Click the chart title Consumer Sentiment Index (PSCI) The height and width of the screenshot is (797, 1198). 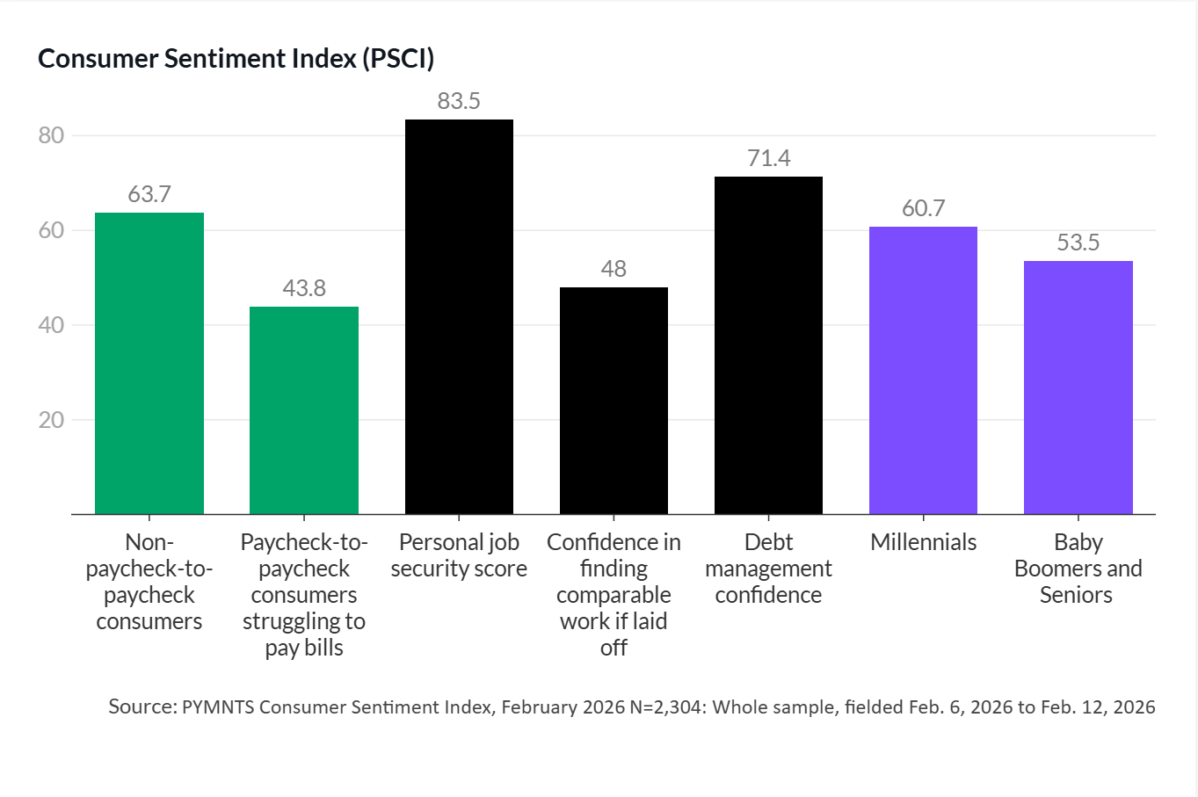click(236, 59)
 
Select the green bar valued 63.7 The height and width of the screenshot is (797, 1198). click(149, 363)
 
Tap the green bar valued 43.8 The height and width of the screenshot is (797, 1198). click(304, 410)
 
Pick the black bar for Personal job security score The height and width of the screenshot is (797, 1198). click(459, 316)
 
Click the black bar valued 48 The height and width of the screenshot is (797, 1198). click(614, 401)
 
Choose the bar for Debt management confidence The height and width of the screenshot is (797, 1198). click(768, 345)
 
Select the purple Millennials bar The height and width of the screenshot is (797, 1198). click(923, 370)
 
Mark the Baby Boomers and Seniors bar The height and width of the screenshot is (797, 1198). click(1078, 388)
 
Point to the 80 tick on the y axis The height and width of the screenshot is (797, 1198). click(52, 135)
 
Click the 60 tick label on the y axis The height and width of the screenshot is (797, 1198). click(52, 230)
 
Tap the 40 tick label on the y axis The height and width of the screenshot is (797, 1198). click(52, 325)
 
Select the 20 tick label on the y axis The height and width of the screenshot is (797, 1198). click(52, 420)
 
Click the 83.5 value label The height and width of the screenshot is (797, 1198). click(459, 101)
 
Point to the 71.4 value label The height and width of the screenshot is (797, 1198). click(768, 158)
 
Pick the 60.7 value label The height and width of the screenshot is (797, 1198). click(923, 208)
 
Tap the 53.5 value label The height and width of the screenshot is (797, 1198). click(1078, 243)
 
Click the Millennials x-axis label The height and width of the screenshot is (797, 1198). click(923, 542)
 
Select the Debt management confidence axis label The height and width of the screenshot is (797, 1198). click(768, 569)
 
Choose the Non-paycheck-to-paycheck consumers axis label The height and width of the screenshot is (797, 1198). click(149, 582)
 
